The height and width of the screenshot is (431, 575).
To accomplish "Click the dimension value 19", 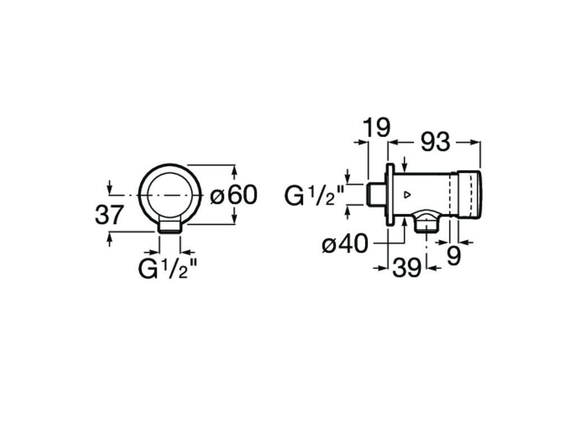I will click(376, 129).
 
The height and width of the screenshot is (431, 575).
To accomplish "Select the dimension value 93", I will click(435, 143).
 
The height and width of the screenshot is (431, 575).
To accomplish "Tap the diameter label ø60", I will click(234, 195).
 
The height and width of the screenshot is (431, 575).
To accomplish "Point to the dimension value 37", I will click(109, 215).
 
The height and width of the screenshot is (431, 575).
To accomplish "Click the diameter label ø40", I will click(345, 244).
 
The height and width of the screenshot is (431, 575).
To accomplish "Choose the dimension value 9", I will click(454, 256).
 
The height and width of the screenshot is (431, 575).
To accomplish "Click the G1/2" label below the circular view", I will click(168, 269).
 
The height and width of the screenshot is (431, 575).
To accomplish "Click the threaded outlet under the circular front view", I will click(170, 226).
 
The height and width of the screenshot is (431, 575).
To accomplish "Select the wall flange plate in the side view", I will click(389, 195).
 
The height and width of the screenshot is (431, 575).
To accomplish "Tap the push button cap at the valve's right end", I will click(469, 194).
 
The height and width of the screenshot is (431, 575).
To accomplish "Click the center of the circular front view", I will click(170, 195).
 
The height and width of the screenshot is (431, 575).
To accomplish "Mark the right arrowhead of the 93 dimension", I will click(477, 143).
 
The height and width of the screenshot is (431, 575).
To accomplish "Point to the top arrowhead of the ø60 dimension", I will click(235, 168).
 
